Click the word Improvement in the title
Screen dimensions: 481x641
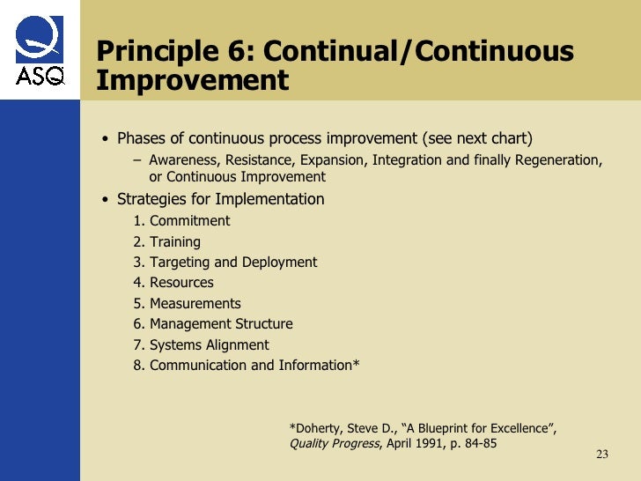pyautogui.click(x=192, y=80)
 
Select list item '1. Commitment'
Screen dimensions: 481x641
pyautogui.click(x=181, y=221)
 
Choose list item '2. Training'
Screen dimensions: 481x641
pyautogui.click(x=167, y=241)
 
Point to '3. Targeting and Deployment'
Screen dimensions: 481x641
pyautogui.click(x=225, y=263)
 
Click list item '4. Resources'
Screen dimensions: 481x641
pyautogui.click(x=173, y=283)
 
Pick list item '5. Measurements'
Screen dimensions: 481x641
pyautogui.click(x=188, y=304)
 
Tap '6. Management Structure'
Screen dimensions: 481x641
pyautogui.click(x=213, y=324)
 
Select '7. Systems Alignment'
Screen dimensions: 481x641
pyautogui.click(x=202, y=345)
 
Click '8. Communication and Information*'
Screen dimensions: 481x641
pyautogui.click(x=247, y=366)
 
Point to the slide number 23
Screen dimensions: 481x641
pyautogui.click(x=602, y=455)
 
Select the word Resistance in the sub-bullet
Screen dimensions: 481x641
pyautogui.click(x=262, y=160)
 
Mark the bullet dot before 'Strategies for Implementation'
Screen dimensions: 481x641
pyautogui.click(x=106, y=200)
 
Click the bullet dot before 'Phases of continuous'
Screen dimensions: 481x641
pyautogui.click(x=106, y=139)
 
